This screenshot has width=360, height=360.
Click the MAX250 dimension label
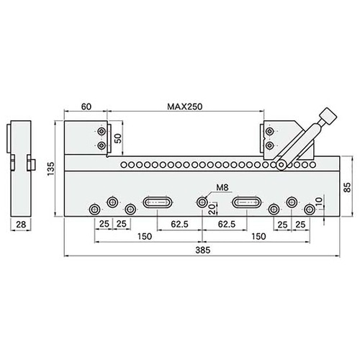185,107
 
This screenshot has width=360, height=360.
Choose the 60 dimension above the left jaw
86,107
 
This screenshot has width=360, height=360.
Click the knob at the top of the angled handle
328,116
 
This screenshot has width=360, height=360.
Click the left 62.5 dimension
180,225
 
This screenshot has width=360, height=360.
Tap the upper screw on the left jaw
101,132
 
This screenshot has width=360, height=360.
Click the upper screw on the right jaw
270,132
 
